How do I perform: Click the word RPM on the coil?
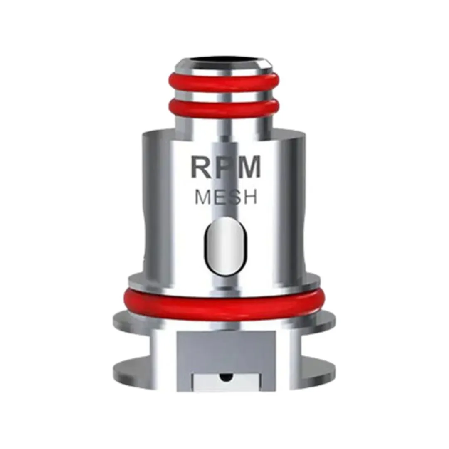click(226, 166)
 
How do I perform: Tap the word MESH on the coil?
click(226, 197)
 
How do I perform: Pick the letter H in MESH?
click(250, 197)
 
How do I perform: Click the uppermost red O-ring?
click(224, 82)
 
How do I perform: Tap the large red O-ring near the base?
click(224, 306)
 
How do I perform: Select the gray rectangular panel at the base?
click(226, 351)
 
